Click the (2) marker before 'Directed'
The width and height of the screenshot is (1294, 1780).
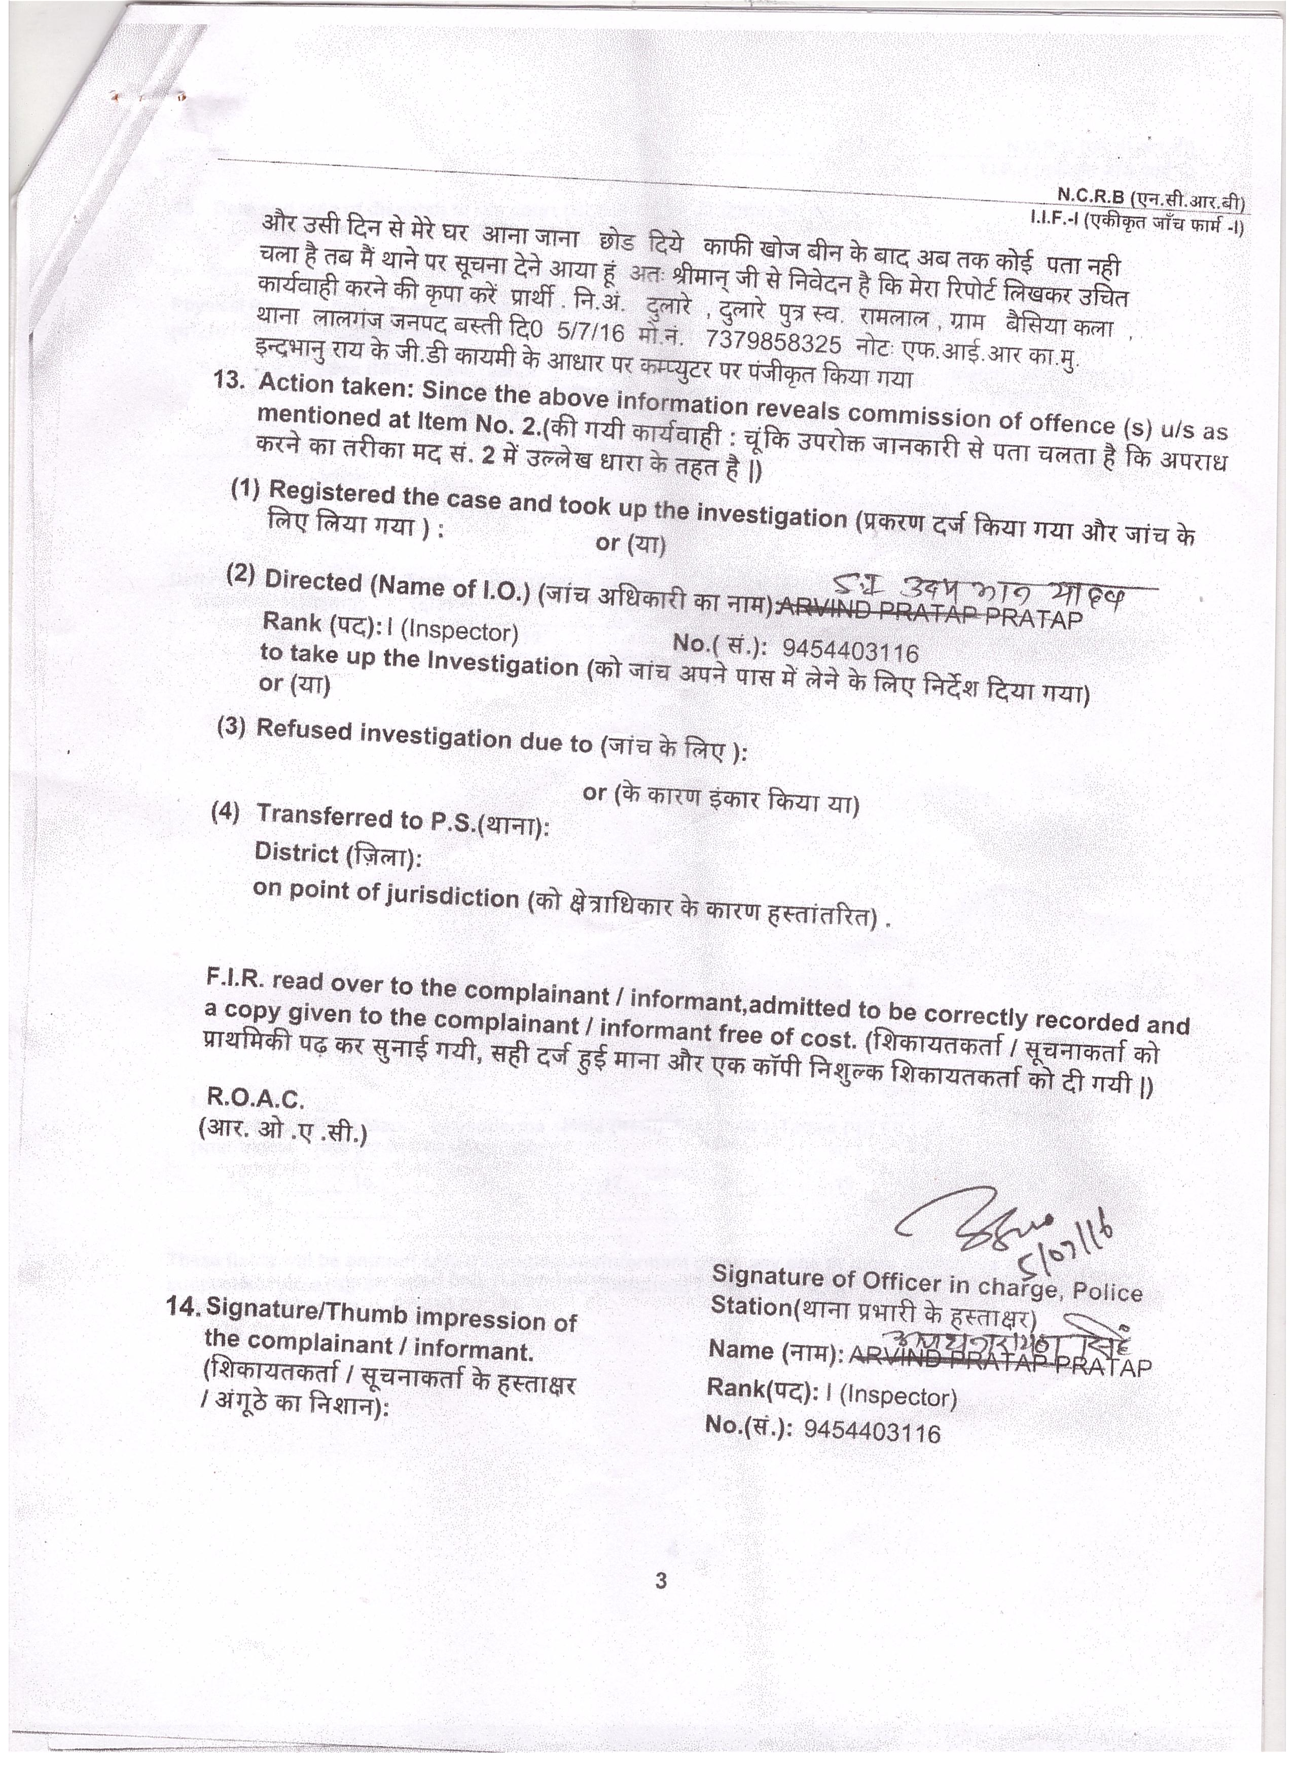241,575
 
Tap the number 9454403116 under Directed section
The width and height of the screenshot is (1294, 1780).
851,650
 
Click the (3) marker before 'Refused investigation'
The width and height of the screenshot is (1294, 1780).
232,727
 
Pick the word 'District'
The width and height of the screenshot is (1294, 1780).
297,851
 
